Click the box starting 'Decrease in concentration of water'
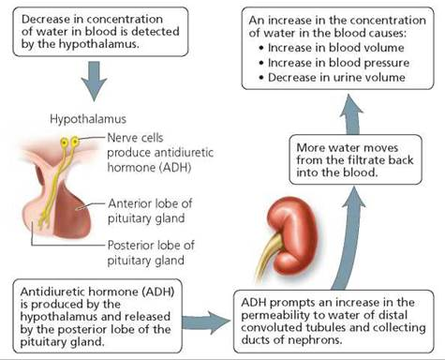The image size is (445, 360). pos(90,32)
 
